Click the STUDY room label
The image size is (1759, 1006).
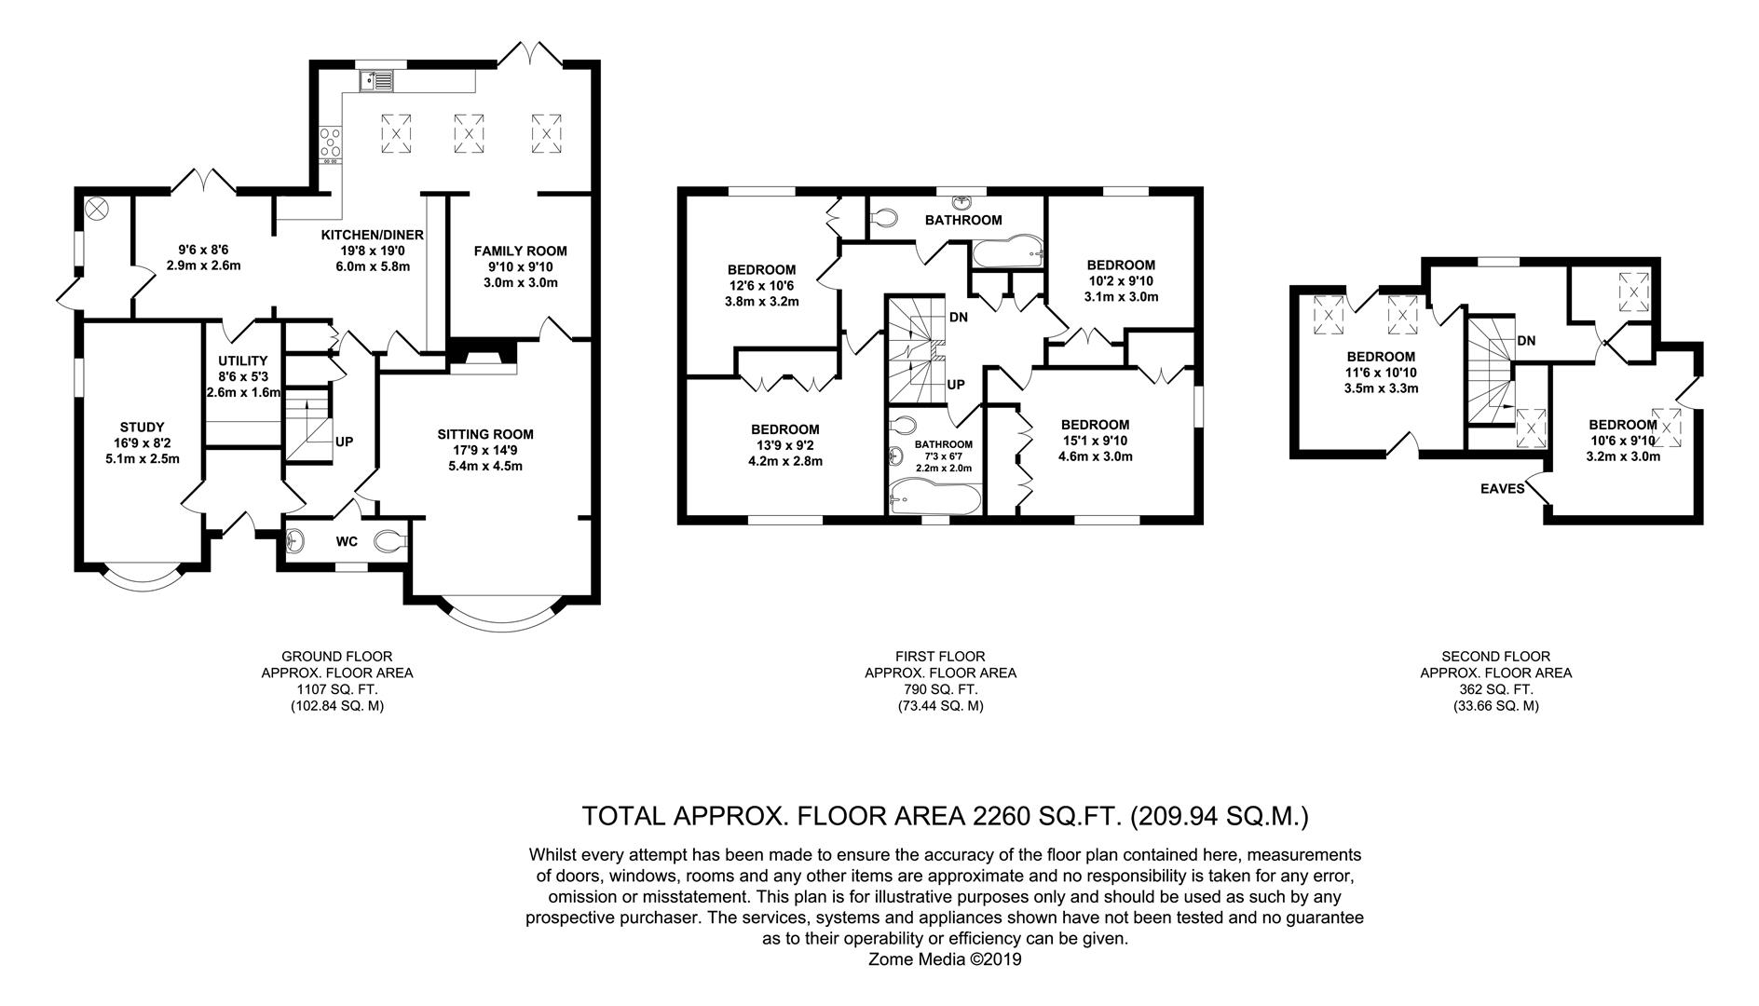(142, 428)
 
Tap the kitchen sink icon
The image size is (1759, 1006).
(377, 82)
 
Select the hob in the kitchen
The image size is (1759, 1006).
(330, 143)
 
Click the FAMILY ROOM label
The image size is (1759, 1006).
(520, 251)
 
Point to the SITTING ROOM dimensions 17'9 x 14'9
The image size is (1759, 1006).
(485, 450)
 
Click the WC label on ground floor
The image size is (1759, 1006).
(347, 540)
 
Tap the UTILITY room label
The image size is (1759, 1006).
(243, 360)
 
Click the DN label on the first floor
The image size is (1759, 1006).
(959, 317)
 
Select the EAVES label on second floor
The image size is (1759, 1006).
(1503, 488)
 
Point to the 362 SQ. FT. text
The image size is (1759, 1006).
(1495, 689)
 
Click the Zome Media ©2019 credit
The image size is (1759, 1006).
(945, 958)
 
